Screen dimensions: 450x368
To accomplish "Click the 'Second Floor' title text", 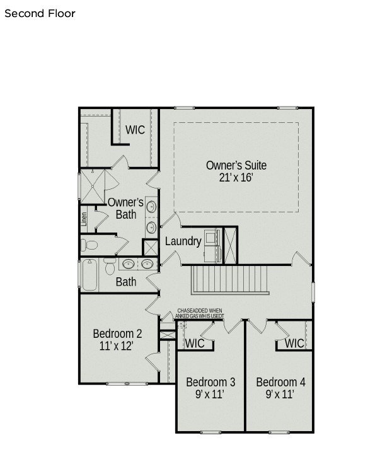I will pyautogui.click(x=40, y=13).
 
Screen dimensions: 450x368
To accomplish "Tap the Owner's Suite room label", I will pyautogui.click(x=236, y=165).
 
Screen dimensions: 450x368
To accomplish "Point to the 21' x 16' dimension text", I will pyautogui.click(x=236, y=178).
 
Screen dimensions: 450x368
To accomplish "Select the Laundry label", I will pyautogui.click(x=183, y=241).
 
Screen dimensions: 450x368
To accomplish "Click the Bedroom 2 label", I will pyautogui.click(x=117, y=333).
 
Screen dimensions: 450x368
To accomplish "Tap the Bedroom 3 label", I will pyautogui.click(x=210, y=382).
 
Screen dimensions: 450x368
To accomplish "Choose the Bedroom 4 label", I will pyautogui.click(x=280, y=382).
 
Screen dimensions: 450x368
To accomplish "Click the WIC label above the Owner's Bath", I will pyautogui.click(x=135, y=130).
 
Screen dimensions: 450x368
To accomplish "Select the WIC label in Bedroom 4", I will pyautogui.click(x=294, y=343).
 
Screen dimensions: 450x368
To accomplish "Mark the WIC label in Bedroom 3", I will pyautogui.click(x=194, y=343).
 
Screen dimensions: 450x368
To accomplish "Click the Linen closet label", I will pyautogui.click(x=84, y=219).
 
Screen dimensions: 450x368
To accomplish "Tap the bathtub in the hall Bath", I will pyautogui.click(x=89, y=275).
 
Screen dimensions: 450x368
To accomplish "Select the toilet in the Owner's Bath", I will pyautogui.click(x=89, y=245).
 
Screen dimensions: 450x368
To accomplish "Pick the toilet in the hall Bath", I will pyautogui.click(x=110, y=268).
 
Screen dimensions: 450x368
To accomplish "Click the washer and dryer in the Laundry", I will pyautogui.click(x=212, y=246).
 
